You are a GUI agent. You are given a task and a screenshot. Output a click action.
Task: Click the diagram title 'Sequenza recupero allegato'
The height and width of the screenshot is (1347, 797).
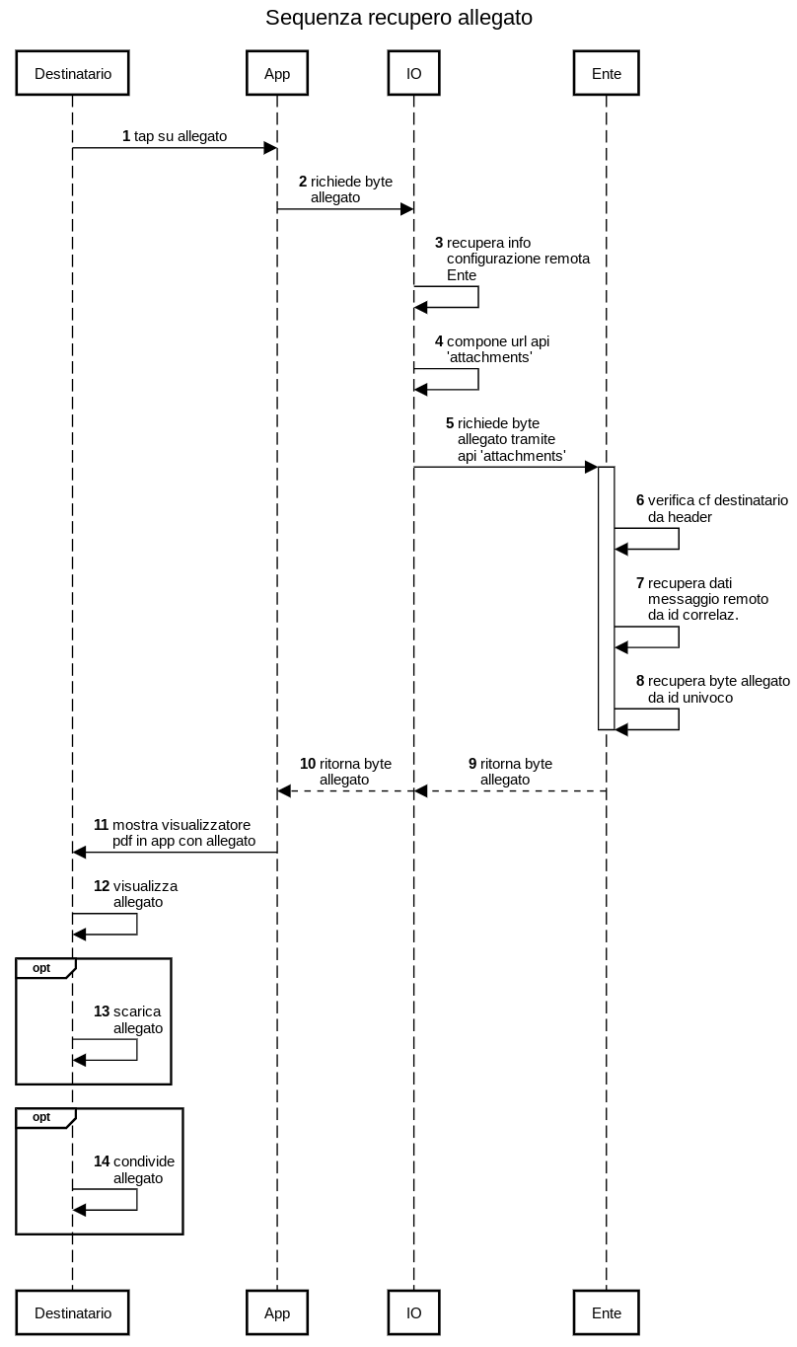coord(398,18)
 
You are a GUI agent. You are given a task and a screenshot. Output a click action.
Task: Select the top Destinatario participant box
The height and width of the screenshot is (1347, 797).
coord(73,72)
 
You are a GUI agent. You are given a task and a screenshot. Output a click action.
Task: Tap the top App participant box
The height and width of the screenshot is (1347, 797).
coord(277,72)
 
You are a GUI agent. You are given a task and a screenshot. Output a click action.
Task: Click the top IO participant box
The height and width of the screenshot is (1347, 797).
coord(413,72)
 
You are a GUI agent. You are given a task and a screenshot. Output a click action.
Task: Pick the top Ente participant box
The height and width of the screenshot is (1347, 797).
coord(606,72)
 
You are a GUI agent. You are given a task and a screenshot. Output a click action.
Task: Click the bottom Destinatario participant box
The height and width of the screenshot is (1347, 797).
coord(73,1312)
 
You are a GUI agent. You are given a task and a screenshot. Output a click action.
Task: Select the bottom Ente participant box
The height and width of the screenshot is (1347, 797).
coord(606,1312)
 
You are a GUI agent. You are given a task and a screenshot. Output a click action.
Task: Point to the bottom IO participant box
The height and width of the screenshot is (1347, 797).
coord(413,1312)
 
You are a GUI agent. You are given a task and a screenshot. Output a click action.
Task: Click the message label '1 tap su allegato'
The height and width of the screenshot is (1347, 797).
coord(175,136)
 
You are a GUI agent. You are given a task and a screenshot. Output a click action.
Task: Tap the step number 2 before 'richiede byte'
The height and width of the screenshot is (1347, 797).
coord(303,182)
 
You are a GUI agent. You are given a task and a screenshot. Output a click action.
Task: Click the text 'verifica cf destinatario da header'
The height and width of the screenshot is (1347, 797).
coord(717,508)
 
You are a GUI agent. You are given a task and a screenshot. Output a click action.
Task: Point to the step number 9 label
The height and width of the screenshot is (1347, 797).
coord(472,764)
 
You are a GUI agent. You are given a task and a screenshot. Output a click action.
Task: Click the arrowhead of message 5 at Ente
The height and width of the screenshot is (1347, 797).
coord(591,467)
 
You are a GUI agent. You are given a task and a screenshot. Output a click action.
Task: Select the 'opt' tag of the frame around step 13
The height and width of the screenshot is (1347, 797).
coord(41,968)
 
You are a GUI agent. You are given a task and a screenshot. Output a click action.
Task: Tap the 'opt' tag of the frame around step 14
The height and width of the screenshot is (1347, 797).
coord(41,1117)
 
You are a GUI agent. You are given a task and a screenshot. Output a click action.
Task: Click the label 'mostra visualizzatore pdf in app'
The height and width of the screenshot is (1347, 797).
coord(183,833)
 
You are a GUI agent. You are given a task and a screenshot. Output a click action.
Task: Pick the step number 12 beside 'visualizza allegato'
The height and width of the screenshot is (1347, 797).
coord(102,886)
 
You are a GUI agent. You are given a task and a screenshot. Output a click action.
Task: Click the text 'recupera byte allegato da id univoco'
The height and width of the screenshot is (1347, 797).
coord(718,689)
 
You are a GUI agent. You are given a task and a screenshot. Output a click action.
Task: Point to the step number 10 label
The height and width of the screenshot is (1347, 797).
coord(308,764)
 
